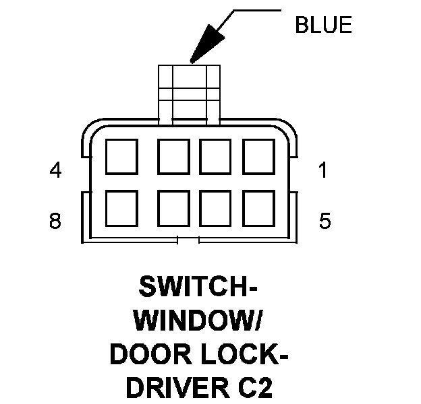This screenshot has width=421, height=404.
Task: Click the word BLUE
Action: [x=323, y=26]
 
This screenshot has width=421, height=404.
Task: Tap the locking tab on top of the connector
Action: [x=188, y=91]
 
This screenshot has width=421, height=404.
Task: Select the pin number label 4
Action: [x=56, y=170]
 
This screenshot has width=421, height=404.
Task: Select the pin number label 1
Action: [x=324, y=170]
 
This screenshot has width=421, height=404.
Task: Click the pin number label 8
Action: [x=56, y=221]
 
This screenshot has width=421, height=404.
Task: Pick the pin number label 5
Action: [x=325, y=221]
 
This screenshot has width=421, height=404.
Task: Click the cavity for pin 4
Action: [x=122, y=157]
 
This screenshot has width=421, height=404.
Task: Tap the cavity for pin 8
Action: [x=122, y=207]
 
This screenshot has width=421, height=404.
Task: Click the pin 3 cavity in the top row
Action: [x=171, y=157]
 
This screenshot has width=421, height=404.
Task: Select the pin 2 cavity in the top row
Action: [x=215, y=157]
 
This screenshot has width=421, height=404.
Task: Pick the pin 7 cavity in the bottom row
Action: [x=171, y=207]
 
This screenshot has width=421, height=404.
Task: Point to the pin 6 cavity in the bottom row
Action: [x=215, y=207]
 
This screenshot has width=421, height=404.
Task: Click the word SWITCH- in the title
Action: [x=197, y=288]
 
